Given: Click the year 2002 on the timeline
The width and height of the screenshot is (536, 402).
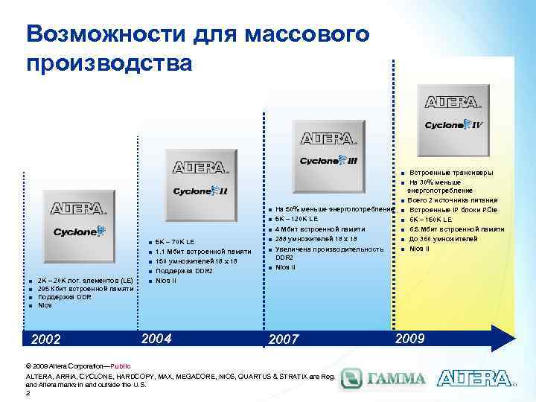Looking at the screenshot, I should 46,339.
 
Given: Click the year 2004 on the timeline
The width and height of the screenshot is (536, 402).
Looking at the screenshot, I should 162,337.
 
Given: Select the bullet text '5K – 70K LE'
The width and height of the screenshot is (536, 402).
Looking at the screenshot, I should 175,242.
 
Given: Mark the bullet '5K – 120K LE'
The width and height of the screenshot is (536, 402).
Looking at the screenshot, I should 296,220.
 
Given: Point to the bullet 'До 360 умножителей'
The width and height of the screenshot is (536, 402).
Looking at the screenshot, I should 445,239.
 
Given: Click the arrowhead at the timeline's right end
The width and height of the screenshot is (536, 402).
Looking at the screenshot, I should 508,336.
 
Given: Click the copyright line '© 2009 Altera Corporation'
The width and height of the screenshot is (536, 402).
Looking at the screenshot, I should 67,367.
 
